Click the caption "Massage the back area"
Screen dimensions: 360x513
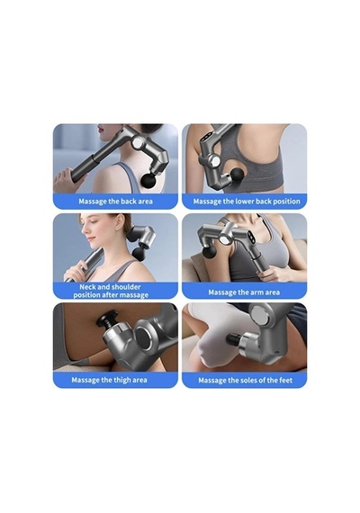point(115,201)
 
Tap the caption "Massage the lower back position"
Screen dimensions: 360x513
point(247,202)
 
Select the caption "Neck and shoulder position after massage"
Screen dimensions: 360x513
point(111,291)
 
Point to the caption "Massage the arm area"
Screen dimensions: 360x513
point(244,292)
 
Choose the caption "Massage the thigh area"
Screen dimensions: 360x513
point(109,380)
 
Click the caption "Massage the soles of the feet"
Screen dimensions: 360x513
point(246,380)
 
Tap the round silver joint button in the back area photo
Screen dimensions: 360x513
point(137,142)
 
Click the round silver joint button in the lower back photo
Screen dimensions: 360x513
point(215,161)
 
